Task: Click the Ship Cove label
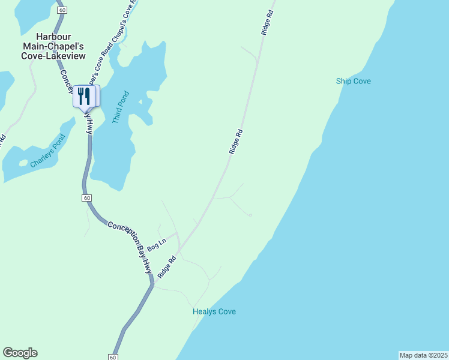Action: (x=353, y=81)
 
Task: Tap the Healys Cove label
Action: (x=214, y=311)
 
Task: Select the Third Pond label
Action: (x=120, y=107)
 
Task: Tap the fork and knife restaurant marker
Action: (x=84, y=96)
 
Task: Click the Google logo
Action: (x=20, y=353)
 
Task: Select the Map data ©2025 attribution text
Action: (x=423, y=355)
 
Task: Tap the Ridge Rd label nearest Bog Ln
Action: (x=167, y=267)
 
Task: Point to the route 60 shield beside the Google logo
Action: (x=113, y=357)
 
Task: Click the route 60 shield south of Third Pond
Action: (x=87, y=198)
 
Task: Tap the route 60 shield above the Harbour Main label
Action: (x=61, y=10)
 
